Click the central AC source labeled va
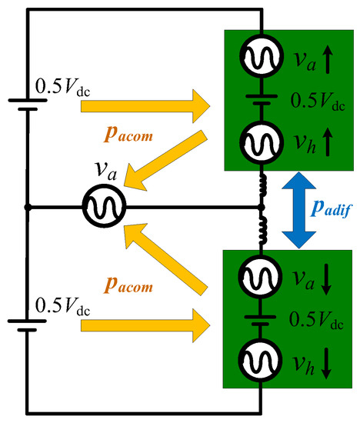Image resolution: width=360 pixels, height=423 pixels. [102, 208]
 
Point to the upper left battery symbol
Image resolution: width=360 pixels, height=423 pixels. [27, 105]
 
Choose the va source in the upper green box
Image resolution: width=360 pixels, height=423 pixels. [262, 55]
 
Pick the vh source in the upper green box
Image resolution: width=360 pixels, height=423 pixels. [262, 141]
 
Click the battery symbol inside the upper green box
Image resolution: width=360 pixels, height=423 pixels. [262, 98]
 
